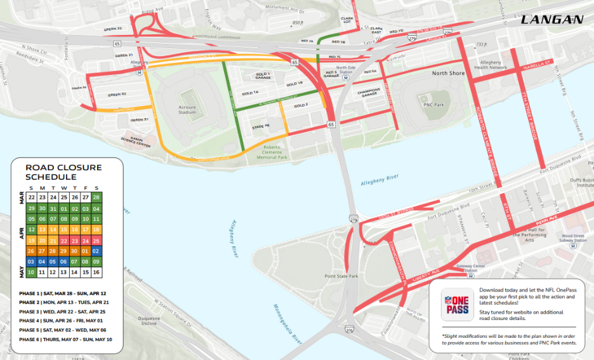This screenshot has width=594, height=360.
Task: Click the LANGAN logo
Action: (x=551, y=20)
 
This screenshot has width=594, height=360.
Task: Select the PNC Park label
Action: (x=430, y=103)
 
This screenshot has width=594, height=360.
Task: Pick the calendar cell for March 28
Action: (x=96, y=197)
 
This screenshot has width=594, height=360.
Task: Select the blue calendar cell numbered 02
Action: (x=96, y=251)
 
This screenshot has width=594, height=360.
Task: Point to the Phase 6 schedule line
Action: (x=65, y=339)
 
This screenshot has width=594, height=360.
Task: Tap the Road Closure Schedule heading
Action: (x=63, y=172)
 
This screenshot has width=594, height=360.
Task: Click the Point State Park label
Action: (x=341, y=276)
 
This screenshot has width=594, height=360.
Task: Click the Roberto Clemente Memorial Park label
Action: (x=275, y=152)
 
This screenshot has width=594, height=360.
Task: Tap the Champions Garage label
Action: (x=369, y=93)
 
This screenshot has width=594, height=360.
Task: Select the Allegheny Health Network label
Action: (x=494, y=65)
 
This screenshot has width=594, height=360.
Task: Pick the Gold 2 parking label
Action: (x=301, y=105)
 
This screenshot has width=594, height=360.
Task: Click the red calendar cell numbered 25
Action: (x=96, y=241)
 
